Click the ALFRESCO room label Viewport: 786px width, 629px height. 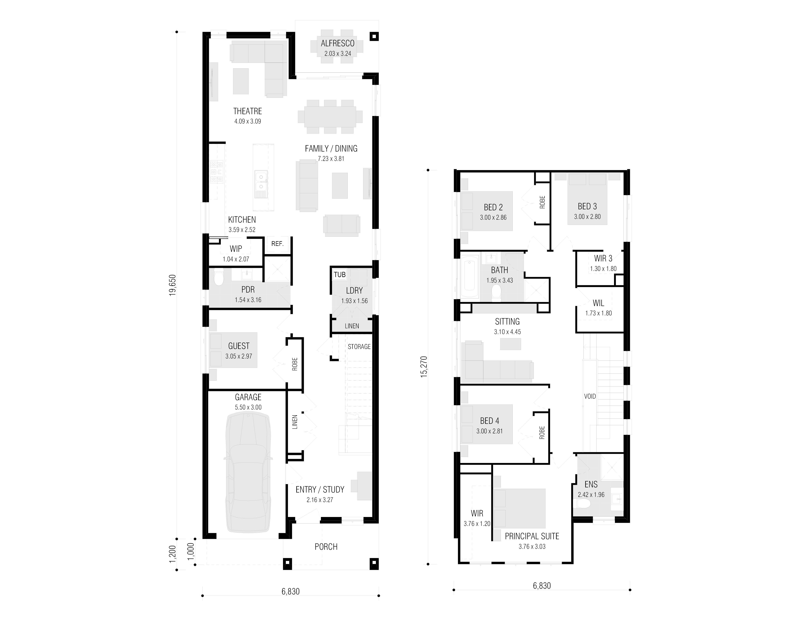click(338, 43)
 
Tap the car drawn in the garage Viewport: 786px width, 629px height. click(248, 472)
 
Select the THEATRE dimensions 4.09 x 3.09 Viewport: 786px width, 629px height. click(248, 121)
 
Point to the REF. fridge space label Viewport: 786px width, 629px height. click(277, 243)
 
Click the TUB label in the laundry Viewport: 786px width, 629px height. click(340, 274)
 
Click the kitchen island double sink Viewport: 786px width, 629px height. click(261, 184)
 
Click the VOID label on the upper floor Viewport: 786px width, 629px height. click(590, 396)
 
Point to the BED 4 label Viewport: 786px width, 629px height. click(490, 421)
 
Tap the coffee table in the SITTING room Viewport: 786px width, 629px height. click(510, 344)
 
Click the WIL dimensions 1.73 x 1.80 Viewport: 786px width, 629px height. click(599, 313)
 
